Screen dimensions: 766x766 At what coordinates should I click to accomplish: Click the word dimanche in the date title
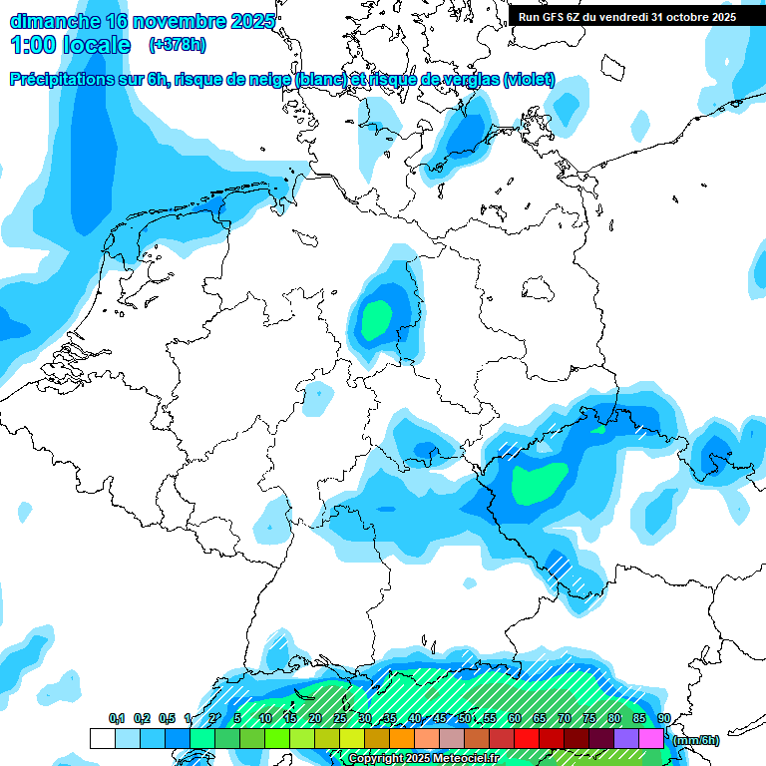[x=54, y=21]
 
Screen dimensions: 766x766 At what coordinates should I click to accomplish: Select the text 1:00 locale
[x=70, y=45]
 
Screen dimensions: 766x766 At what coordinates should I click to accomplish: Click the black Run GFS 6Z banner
[x=627, y=16]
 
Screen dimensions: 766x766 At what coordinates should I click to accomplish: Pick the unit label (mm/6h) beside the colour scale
[x=696, y=740]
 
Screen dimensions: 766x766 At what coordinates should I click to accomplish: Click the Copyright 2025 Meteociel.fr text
[x=423, y=759]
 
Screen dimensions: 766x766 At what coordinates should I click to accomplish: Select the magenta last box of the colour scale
[x=651, y=739]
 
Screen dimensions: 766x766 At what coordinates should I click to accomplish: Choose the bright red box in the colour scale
[x=527, y=739]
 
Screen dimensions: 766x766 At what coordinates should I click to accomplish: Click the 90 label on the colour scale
[x=664, y=719]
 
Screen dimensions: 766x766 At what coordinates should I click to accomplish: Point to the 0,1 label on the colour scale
[x=117, y=719]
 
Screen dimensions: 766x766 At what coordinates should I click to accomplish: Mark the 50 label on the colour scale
[x=465, y=719]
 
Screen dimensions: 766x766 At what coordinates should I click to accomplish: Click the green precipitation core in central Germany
[x=376, y=319]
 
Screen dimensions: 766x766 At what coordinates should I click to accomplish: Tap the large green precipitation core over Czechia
[x=539, y=483]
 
